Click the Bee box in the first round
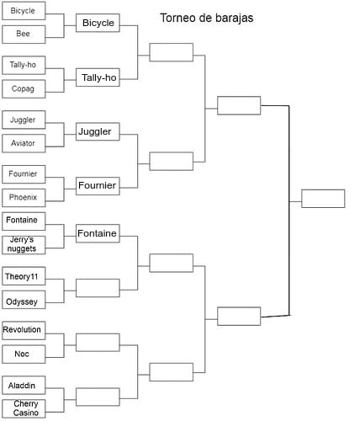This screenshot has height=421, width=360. [24, 35]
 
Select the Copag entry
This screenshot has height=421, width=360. [24, 88]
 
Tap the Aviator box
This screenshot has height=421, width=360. [24, 143]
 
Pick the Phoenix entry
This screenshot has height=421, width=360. [24, 198]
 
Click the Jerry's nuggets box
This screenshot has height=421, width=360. [24, 245]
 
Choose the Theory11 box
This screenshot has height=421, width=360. [24, 276]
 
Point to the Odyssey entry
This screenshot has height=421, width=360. [24, 300]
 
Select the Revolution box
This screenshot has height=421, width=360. [24, 331]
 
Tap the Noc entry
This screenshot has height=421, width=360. [24, 354]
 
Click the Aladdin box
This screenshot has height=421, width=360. [24, 386]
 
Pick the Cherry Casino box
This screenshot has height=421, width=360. [24, 408]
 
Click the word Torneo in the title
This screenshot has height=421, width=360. [177, 18]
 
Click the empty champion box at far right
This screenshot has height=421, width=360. [323, 199]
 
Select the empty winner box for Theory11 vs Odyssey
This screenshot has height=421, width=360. [98, 288]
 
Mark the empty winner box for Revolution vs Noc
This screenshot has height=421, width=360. [98, 343]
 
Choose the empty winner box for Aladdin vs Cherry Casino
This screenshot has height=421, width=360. [98, 397]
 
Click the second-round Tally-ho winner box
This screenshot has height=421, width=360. [98, 77]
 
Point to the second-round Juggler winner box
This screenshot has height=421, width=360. [98, 131]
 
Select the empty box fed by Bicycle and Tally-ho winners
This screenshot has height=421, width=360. [172, 52]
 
